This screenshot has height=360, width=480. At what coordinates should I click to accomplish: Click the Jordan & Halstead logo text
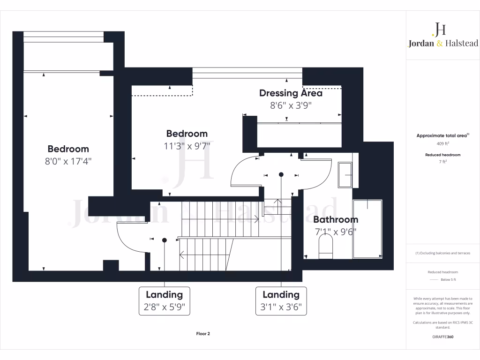(x=443, y=43)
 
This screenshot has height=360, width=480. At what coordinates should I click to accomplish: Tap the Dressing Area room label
(x=291, y=93)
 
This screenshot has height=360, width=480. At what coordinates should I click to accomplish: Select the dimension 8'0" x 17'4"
(x=68, y=161)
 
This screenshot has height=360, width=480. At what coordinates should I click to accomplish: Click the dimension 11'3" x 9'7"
(x=187, y=146)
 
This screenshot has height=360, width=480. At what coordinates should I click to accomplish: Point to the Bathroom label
(x=335, y=219)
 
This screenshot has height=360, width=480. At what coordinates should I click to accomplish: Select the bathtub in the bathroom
(x=367, y=228)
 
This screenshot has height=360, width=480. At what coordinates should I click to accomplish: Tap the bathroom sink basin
(x=345, y=175)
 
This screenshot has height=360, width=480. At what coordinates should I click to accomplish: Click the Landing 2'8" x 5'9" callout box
(x=164, y=301)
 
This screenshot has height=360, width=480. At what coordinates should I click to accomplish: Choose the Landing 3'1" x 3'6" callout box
(x=281, y=301)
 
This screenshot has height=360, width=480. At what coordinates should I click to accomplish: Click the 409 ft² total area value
(x=443, y=144)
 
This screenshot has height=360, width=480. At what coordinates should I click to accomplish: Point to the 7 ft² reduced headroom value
(x=443, y=162)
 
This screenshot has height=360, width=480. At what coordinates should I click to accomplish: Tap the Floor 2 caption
(x=203, y=334)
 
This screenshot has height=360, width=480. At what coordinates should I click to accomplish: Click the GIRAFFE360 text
(x=443, y=337)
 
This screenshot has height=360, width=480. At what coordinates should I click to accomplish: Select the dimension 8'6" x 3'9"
(x=291, y=105)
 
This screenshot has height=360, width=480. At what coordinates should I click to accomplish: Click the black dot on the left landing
(x=164, y=240)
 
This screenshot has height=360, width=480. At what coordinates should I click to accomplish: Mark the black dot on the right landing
(x=281, y=174)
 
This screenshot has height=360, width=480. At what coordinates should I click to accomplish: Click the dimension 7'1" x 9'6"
(x=335, y=231)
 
